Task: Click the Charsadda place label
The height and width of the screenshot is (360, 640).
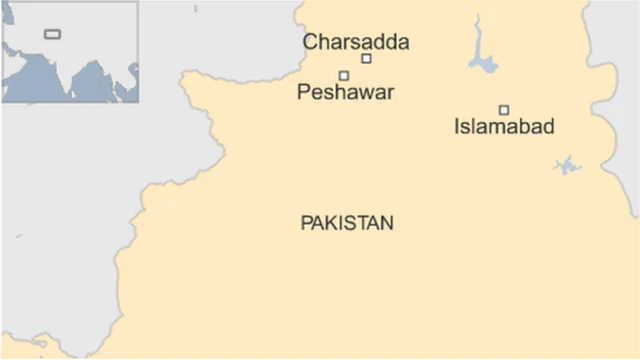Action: click(356, 42)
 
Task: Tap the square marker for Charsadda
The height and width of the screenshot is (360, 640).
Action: click(366, 59)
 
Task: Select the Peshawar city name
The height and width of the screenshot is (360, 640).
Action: click(346, 92)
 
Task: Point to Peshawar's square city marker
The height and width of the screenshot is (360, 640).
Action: click(344, 76)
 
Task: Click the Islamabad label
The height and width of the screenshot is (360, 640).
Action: click(503, 127)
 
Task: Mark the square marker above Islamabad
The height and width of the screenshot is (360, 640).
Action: click(504, 110)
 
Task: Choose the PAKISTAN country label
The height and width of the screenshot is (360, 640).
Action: click(347, 223)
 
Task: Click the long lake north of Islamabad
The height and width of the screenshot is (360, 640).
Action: click(482, 60)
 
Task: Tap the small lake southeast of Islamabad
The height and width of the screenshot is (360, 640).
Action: click(567, 165)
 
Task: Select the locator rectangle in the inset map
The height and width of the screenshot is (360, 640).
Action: click(51, 35)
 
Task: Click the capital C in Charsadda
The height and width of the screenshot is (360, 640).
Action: click(310, 42)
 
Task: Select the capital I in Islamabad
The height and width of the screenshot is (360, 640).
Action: click(457, 127)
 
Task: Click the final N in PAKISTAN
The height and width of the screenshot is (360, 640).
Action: click(387, 223)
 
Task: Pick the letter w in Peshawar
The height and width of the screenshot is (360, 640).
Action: click(367, 92)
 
